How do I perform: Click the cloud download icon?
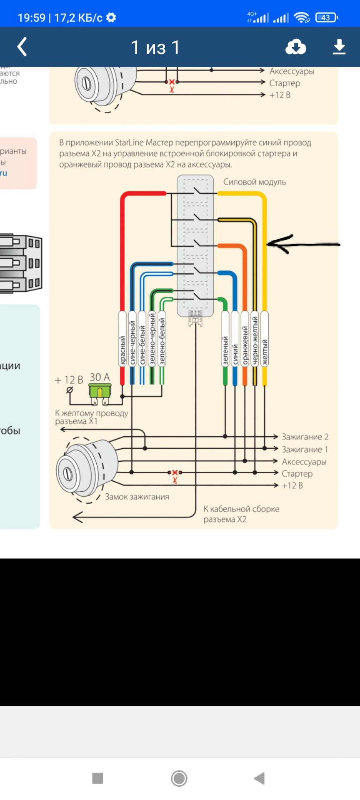[296, 47]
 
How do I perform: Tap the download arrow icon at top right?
[339, 47]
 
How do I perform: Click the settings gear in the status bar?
[111, 17]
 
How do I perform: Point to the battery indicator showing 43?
[326, 17]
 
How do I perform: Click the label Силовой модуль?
[254, 182]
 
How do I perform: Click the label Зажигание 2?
[305, 437]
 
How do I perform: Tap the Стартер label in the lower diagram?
[297, 474]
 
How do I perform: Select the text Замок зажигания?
[137, 497]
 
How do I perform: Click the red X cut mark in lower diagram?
[175, 472]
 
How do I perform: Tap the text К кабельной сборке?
[241, 509]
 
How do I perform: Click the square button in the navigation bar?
[97, 778]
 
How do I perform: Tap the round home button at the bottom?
[179, 778]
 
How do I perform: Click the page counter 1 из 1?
[155, 47]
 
